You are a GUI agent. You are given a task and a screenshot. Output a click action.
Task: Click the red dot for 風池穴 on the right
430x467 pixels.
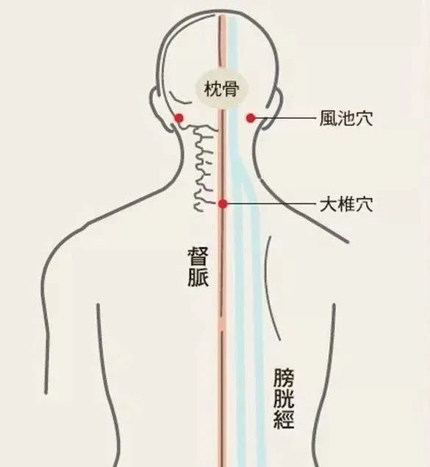[251, 119]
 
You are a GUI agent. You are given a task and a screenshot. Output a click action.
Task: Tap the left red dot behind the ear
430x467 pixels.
[179, 119]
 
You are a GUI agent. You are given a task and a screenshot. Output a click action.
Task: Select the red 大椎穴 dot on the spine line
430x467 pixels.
[223, 204]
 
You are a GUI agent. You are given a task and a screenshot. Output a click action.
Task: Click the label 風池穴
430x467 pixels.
[346, 119]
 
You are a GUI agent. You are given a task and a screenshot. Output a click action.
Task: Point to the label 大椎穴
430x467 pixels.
[346, 204]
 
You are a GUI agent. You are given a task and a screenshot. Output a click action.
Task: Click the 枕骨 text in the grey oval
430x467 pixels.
[221, 88]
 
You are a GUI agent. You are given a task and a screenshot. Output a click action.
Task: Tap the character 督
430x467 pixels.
[198, 256]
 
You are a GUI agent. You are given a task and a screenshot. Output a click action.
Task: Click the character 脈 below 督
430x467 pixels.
[198, 277]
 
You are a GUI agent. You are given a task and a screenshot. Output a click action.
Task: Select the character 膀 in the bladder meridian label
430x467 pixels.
[284, 379]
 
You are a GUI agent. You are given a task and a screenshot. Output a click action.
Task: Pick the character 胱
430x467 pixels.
[284, 398]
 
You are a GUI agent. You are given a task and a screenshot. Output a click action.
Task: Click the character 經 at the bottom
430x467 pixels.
[284, 418]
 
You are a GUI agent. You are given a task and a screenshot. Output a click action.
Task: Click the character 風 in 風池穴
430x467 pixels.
[328, 119]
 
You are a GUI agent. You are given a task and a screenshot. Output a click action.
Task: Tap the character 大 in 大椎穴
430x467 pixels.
[328, 204]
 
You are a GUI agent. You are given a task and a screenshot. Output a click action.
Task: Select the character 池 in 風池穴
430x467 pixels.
[346, 119]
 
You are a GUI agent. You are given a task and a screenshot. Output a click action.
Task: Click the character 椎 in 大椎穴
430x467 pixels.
[346, 204]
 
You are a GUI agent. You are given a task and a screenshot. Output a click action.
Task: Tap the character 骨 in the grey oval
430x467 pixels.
[230, 88]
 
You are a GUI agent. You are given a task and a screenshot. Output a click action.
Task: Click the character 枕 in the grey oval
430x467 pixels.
[212, 88]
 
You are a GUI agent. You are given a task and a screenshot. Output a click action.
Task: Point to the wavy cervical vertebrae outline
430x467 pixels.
[204, 166]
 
